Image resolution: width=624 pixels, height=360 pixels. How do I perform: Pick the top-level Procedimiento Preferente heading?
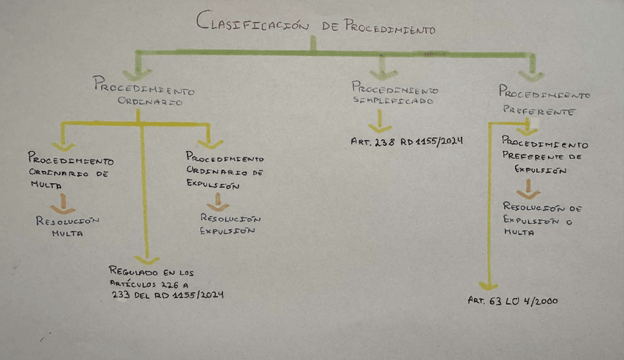(x=545, y=100)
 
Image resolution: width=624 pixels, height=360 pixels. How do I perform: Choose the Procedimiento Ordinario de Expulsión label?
(x=225, y=171)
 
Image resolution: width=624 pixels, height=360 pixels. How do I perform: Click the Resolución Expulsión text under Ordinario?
(x=230, y=225)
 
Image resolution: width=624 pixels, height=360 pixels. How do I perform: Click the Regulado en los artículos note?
(x=166, y=283)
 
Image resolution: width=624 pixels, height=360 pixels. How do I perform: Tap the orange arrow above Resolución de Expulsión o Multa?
(x=533, y=190)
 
